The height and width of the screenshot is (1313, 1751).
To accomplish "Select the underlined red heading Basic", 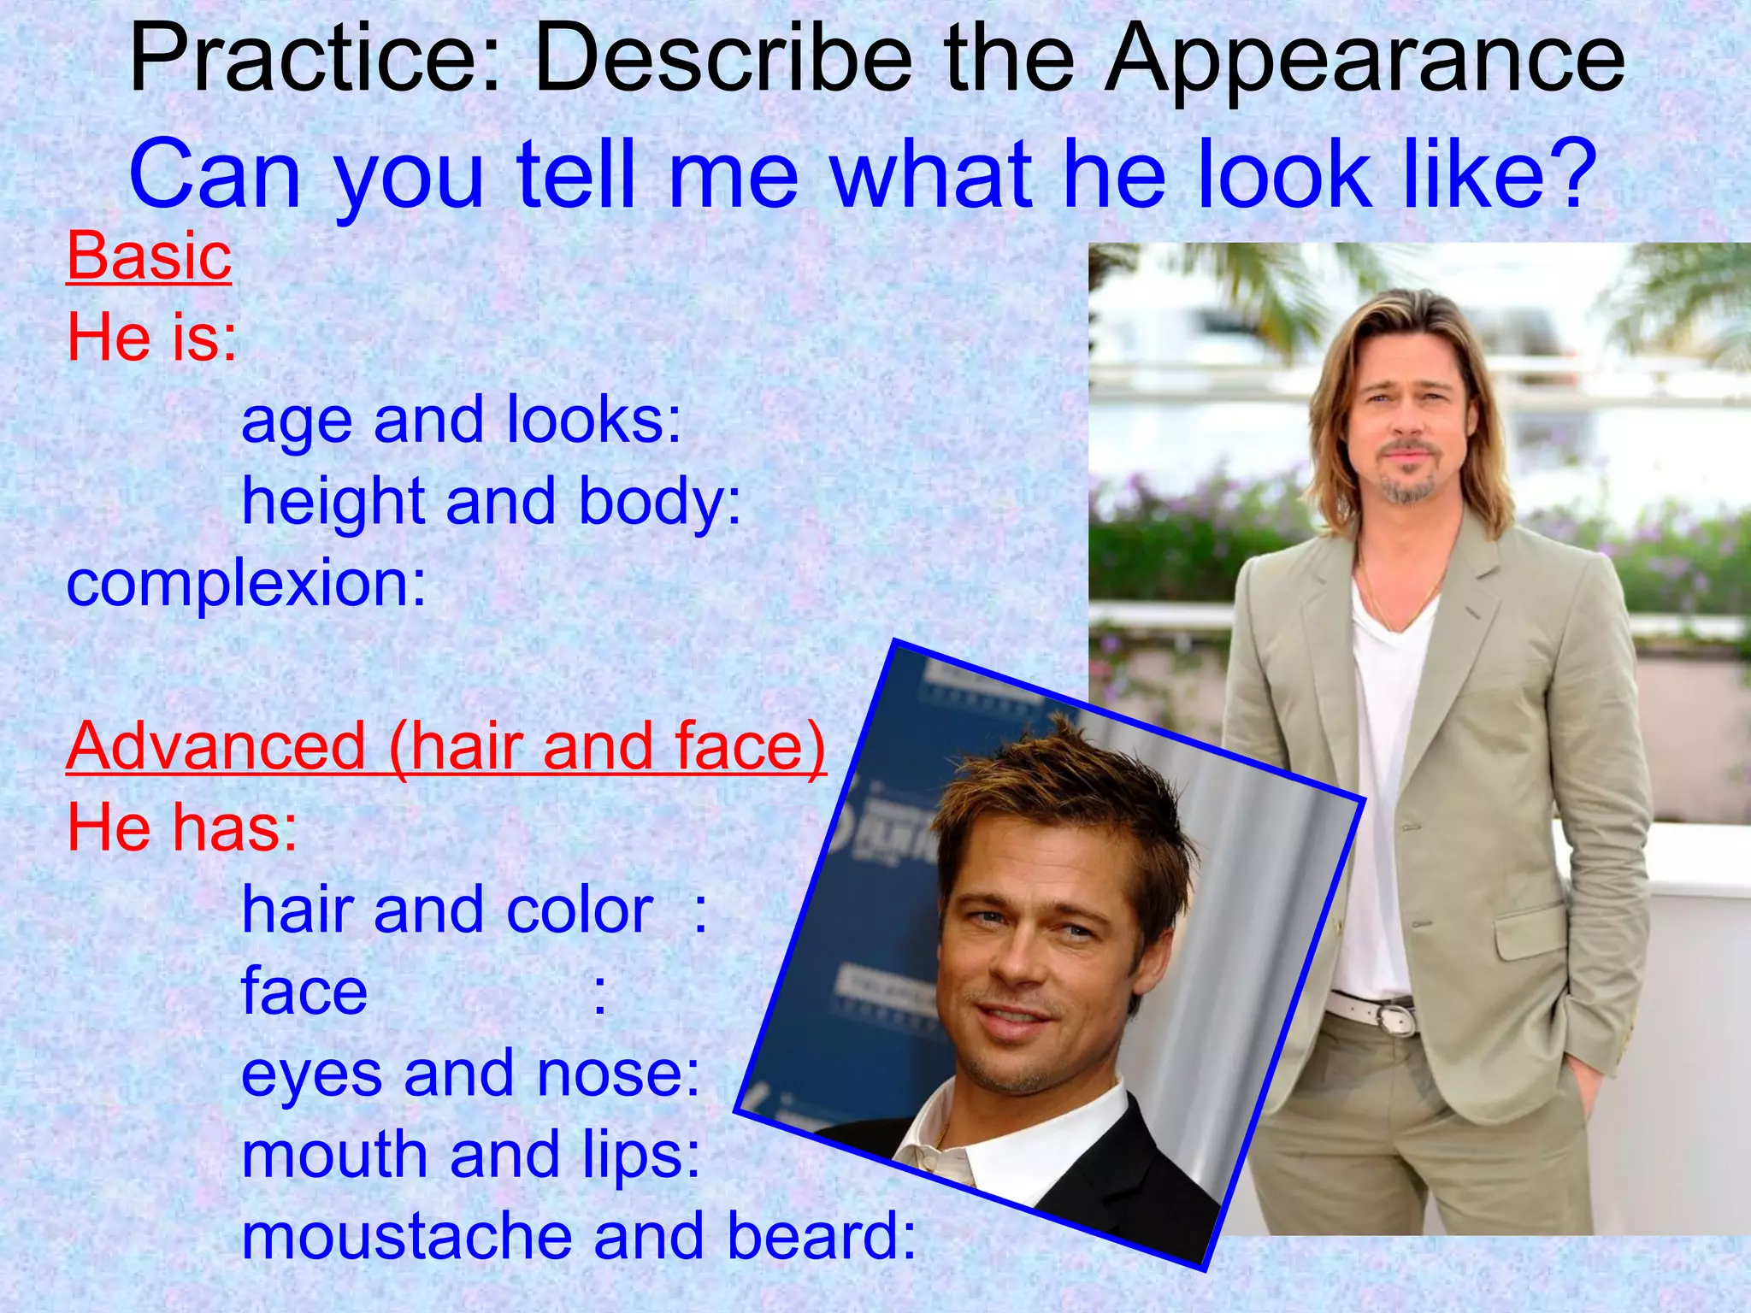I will (149, 256).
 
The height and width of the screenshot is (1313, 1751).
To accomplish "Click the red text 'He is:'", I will (152, 337).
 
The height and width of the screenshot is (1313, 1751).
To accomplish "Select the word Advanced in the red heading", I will (216, 745).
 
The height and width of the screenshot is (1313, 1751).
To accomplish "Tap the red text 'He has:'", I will (182, 827).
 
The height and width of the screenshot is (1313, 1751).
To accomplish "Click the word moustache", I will (407, 1236).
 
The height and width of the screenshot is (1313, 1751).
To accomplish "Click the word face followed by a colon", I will (304, 992).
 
